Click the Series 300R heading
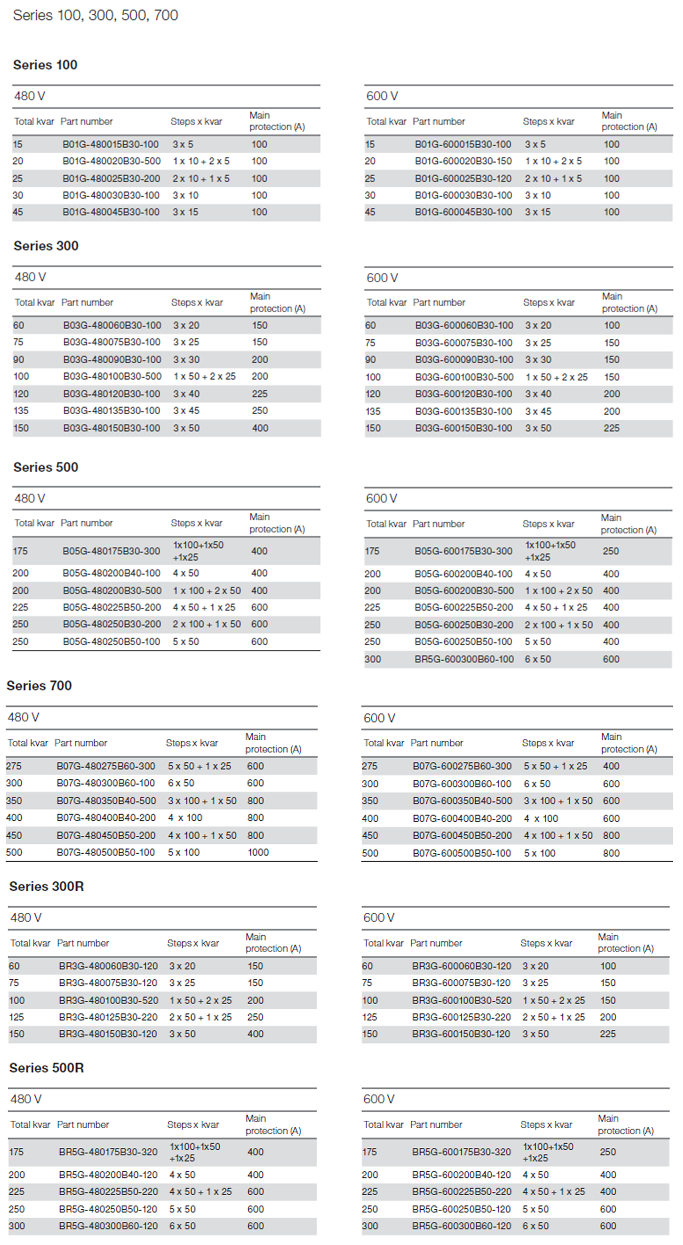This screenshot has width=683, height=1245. [46, 886]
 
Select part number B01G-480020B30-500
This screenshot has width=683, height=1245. [112, 161]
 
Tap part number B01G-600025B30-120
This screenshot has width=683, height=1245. [463, 178]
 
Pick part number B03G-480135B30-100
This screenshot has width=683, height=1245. [112, 411]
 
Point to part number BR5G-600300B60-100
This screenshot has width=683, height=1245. [464, 659]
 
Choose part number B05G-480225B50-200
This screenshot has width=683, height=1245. [112, 607]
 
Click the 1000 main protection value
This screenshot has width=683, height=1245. [258, 852]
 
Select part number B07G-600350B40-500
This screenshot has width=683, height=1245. [462, 800]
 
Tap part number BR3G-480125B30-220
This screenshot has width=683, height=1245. [108, 1017]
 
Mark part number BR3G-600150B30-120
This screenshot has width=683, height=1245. [461, 1034]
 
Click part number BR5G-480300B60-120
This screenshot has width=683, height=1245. [108, 1226]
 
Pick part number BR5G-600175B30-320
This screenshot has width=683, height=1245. [461, 1152]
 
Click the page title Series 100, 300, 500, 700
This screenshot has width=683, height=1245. [96, 15]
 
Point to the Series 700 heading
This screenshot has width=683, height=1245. [39, 685]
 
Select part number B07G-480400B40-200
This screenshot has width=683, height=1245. [106, 818]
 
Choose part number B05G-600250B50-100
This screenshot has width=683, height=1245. [463, 641]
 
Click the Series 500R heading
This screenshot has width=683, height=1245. [46, 1068]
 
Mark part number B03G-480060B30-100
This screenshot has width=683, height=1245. [112, 325]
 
